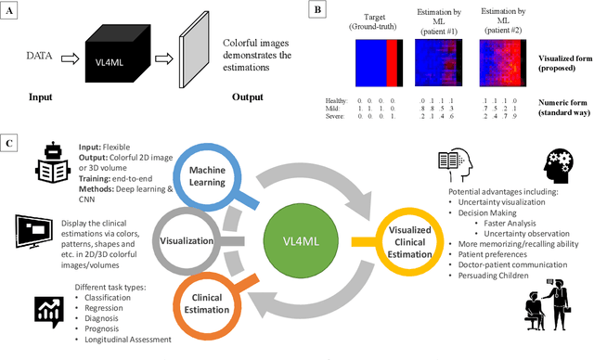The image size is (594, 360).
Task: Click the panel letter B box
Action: pos(318,10)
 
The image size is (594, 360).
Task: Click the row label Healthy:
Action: pos(338,99)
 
